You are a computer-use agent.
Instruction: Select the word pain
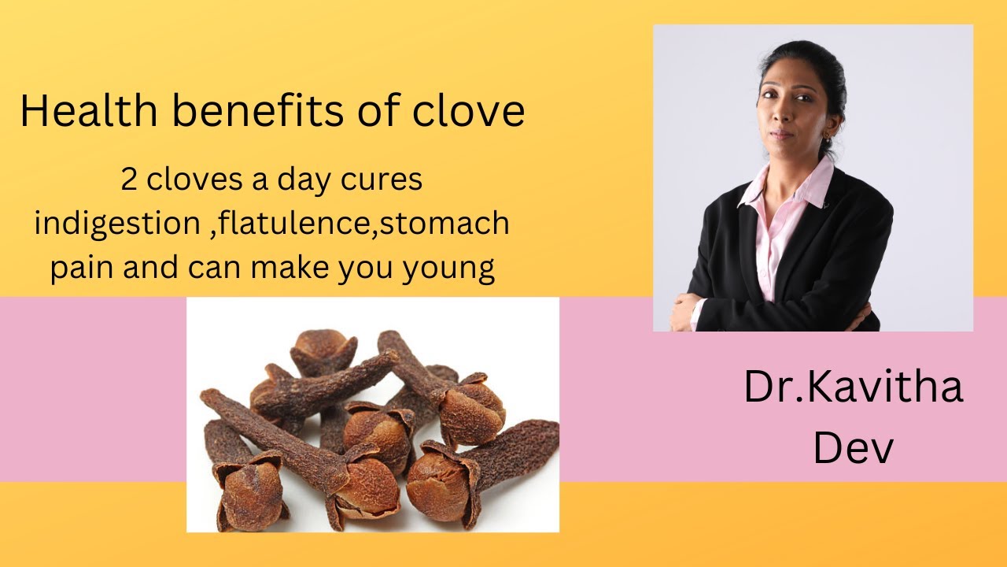[82, 269]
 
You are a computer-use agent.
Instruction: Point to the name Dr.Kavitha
[854, 387]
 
